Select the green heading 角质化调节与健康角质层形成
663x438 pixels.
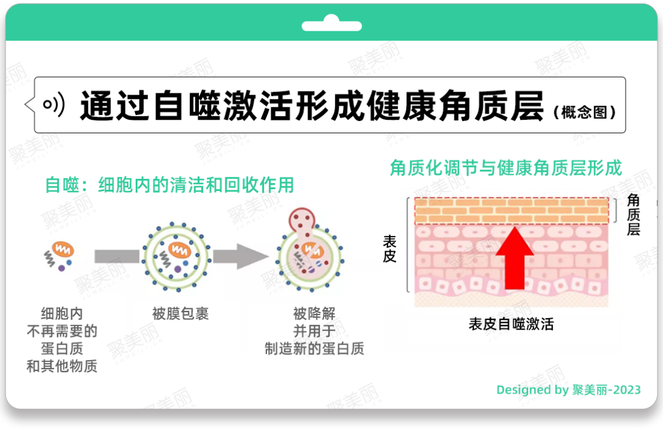506,168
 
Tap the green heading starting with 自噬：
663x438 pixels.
169,185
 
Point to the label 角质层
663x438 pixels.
633,214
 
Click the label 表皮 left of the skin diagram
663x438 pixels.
390,249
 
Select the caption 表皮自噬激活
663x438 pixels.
511,324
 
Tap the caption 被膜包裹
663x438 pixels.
180,314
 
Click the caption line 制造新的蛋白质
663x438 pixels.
314,349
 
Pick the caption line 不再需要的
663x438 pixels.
62,331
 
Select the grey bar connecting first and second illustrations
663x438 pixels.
117,256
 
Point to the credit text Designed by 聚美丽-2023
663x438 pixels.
568,389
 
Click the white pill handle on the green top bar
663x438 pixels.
331,26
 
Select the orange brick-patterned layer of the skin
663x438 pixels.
511,211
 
